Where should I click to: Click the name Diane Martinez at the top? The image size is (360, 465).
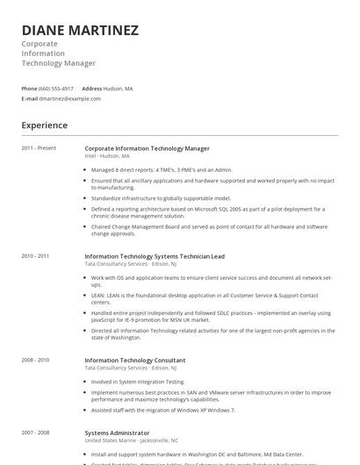click(80, 31)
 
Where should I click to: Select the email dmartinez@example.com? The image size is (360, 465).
click(71, 98)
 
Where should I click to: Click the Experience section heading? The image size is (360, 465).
click(44, 125)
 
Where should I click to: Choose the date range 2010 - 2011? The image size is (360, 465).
click(36, 255)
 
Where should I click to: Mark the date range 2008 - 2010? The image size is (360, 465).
click(36, 360)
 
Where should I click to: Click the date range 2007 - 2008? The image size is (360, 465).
click(36, 433)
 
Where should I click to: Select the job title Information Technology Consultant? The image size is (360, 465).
click(134, 360)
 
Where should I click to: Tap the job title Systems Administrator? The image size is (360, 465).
click(117, 433)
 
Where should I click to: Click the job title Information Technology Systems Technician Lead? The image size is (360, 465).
click(155, 255)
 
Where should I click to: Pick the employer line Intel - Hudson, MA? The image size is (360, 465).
click(107, 155)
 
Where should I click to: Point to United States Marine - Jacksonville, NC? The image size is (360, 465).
click(131, 440)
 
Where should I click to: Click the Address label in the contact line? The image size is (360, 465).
click(97, 89)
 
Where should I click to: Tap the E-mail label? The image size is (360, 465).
click(30, 98)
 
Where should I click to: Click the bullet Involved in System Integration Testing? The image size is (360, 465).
click(138, 382)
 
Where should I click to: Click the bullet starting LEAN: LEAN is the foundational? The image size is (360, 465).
click(209, 296)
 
